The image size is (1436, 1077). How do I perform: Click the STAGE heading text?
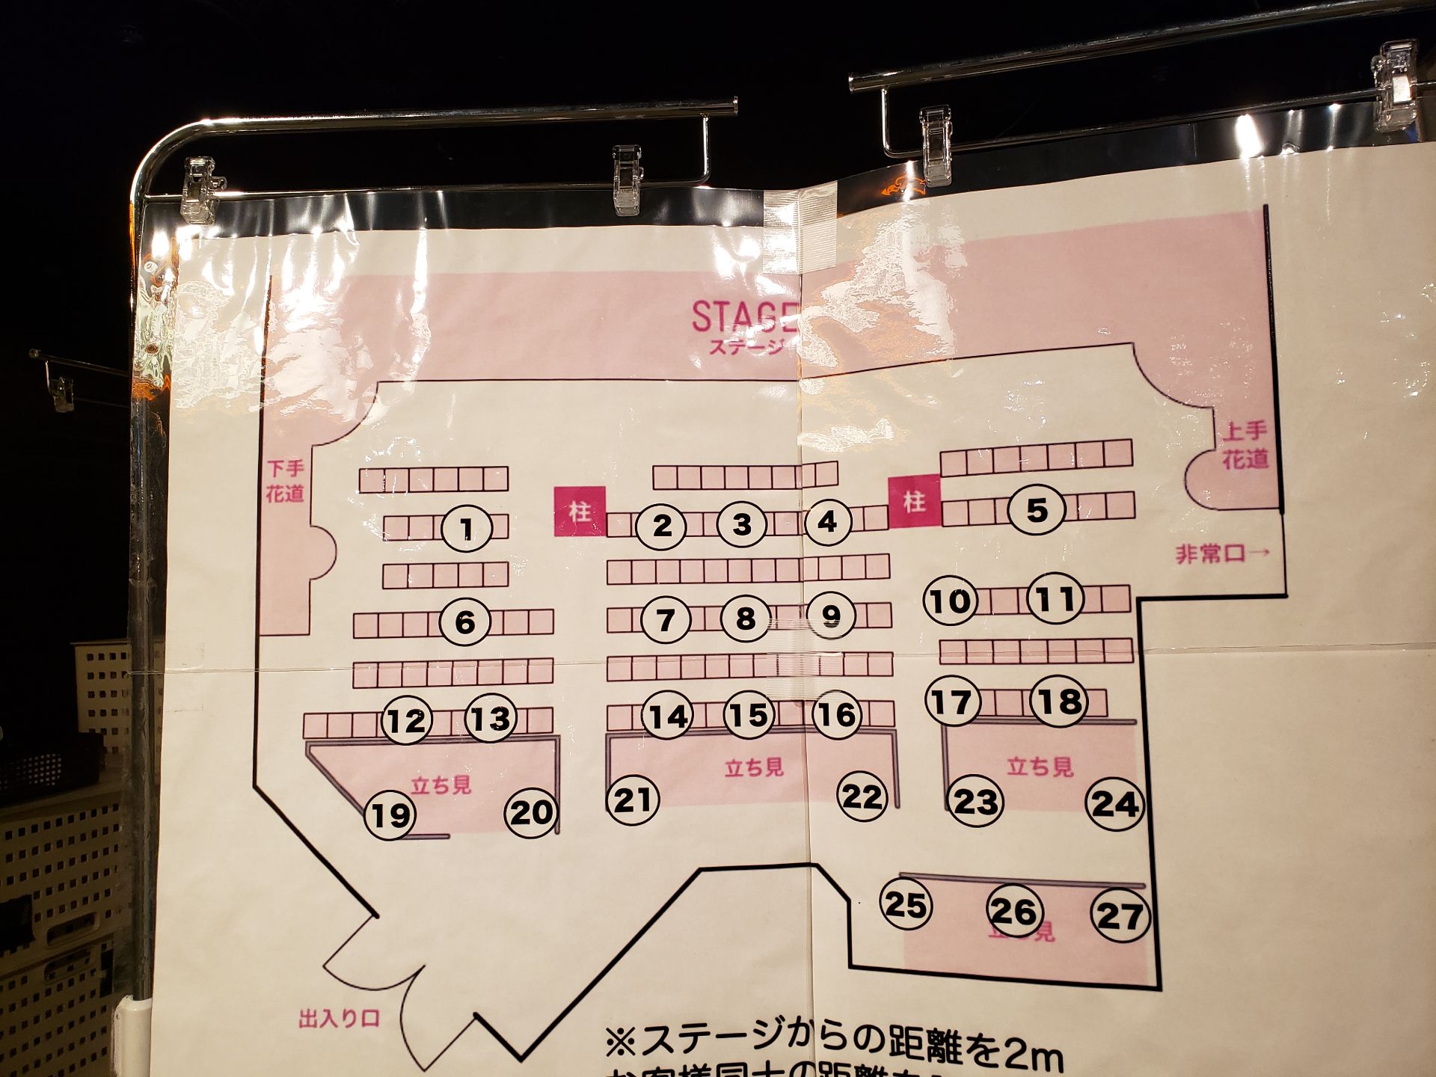pos(743,317)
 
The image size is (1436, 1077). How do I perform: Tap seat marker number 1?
pos(467,529)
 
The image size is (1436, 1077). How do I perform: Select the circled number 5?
pos(1036,511)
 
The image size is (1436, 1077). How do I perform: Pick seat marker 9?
pos(831,616)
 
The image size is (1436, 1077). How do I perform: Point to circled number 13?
pos(491,719)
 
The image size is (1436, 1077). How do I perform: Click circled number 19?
pos(390,814)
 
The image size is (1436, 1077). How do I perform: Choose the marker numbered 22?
pos(862,797)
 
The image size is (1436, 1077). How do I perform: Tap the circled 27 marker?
pos(1119,915)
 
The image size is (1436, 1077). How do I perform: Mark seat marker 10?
pos(951,601)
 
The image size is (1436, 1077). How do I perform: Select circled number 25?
pos(906,905)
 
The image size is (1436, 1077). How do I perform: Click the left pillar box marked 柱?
pos(579,512)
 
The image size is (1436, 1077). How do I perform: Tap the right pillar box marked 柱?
pos(914,501)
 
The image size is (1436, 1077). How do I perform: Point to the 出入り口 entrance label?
pos(339,1019)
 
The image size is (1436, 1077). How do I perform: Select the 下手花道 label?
pos(285,481)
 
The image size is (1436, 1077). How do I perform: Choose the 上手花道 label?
pos(1245,445)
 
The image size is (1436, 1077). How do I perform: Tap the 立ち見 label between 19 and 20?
pos(441,785)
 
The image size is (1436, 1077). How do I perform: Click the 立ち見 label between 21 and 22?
pos(754,767)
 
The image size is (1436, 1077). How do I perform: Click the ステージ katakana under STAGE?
pos(745,347)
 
